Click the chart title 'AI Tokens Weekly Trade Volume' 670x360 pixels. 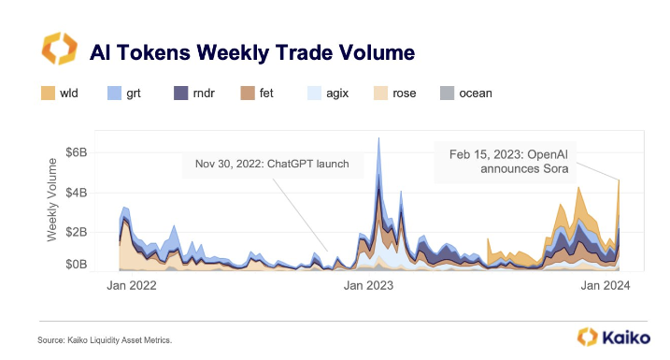point(251,50)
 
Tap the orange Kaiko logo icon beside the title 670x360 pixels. point(58,50)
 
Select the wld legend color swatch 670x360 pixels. point(48,93)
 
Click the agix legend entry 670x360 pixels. point(327,93)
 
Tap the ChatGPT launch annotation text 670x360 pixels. point(266,165)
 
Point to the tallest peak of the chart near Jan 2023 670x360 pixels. point(378,139)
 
